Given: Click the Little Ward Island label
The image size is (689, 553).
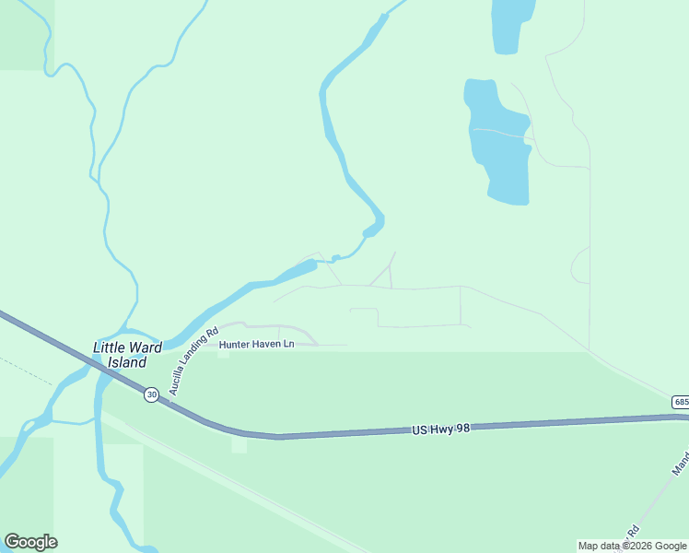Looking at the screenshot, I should pos(126,355).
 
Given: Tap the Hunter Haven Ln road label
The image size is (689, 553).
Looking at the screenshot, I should pos(256,345).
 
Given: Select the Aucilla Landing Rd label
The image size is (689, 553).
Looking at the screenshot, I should pos(193,361).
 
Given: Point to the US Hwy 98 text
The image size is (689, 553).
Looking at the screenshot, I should pos(440,429).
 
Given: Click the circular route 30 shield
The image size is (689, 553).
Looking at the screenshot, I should pos(151,394).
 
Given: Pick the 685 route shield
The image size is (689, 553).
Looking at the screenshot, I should pos(681,402).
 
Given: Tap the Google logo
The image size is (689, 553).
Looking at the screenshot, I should pos(31,542).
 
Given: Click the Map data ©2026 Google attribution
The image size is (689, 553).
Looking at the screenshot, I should pos(633,546).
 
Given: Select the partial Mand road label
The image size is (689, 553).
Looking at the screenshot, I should pos(681,465).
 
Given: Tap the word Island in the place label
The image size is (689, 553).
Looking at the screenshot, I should pos(126,362).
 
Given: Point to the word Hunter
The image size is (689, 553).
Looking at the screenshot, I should pos(235,345).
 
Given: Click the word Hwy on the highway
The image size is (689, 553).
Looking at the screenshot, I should pos(440,429).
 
